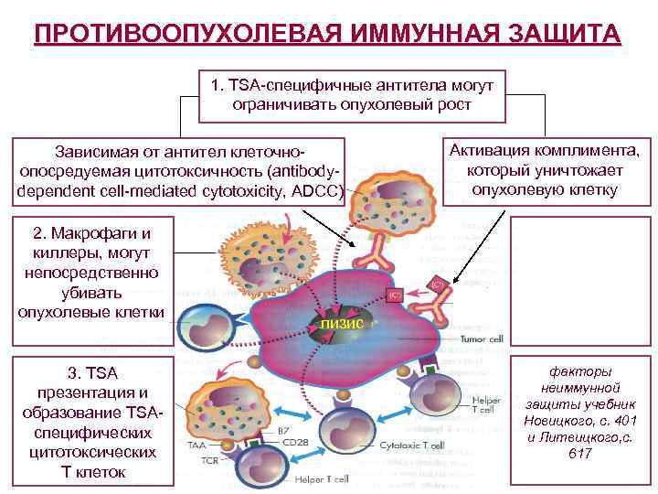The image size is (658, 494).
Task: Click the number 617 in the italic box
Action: [579, 454]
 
